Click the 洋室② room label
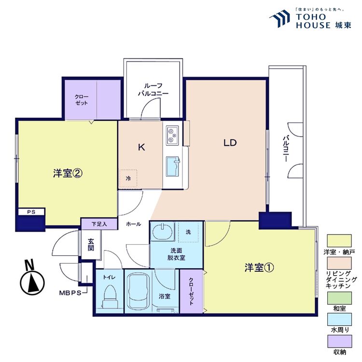coord(66,173)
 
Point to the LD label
coord(229,143)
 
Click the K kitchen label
coord(141,148)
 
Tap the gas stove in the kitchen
coord(172,135)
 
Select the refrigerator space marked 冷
coord(128,178)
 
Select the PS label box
coord(31,211)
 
